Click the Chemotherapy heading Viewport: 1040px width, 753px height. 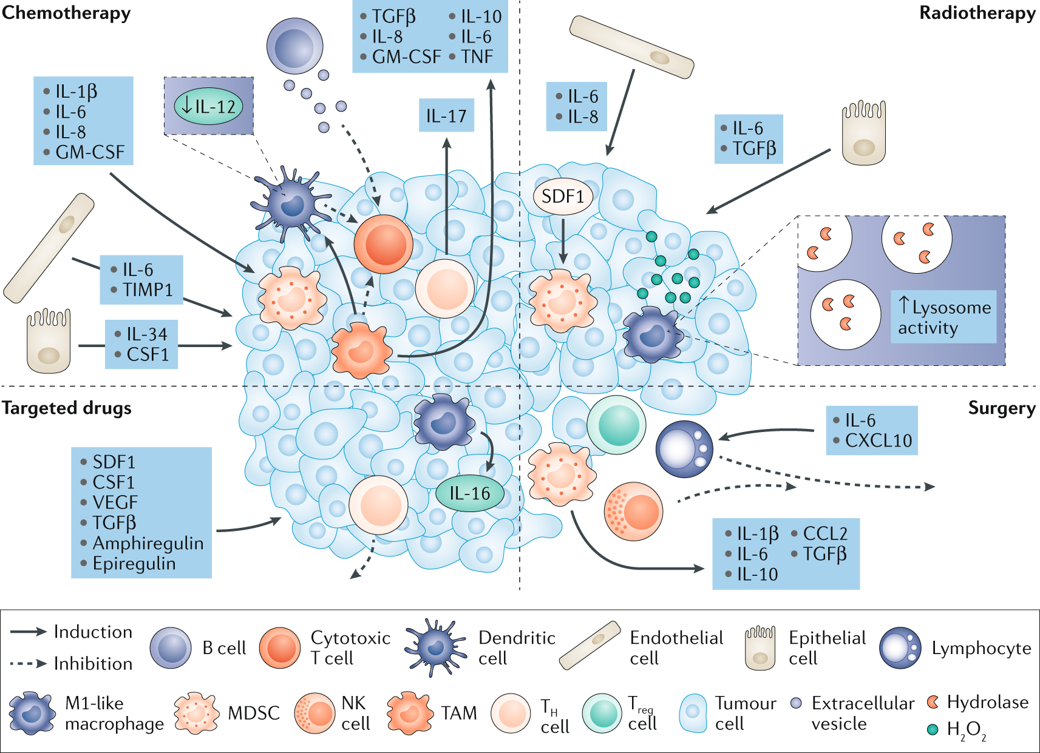66,13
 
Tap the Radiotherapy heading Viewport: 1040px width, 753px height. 977,13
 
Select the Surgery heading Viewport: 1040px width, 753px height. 1001,408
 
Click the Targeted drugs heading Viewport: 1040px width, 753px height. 66,408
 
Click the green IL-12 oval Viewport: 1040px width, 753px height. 208,107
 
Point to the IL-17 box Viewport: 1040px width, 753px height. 446,116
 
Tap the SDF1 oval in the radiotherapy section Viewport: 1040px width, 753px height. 562,197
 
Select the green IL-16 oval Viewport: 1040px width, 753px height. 470,493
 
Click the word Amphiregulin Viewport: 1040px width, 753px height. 148,543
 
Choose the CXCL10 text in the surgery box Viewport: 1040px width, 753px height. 878,441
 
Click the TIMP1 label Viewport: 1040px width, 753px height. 148,290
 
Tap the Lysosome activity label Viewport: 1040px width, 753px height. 943,317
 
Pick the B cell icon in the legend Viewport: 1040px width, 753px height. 171,648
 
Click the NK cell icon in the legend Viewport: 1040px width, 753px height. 314,714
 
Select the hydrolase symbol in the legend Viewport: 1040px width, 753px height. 933,703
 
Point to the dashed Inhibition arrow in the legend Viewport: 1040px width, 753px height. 29,664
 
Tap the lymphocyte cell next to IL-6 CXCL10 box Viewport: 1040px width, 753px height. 685,449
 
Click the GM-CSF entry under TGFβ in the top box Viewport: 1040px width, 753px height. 406,57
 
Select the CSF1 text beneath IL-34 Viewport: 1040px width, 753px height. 148,354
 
